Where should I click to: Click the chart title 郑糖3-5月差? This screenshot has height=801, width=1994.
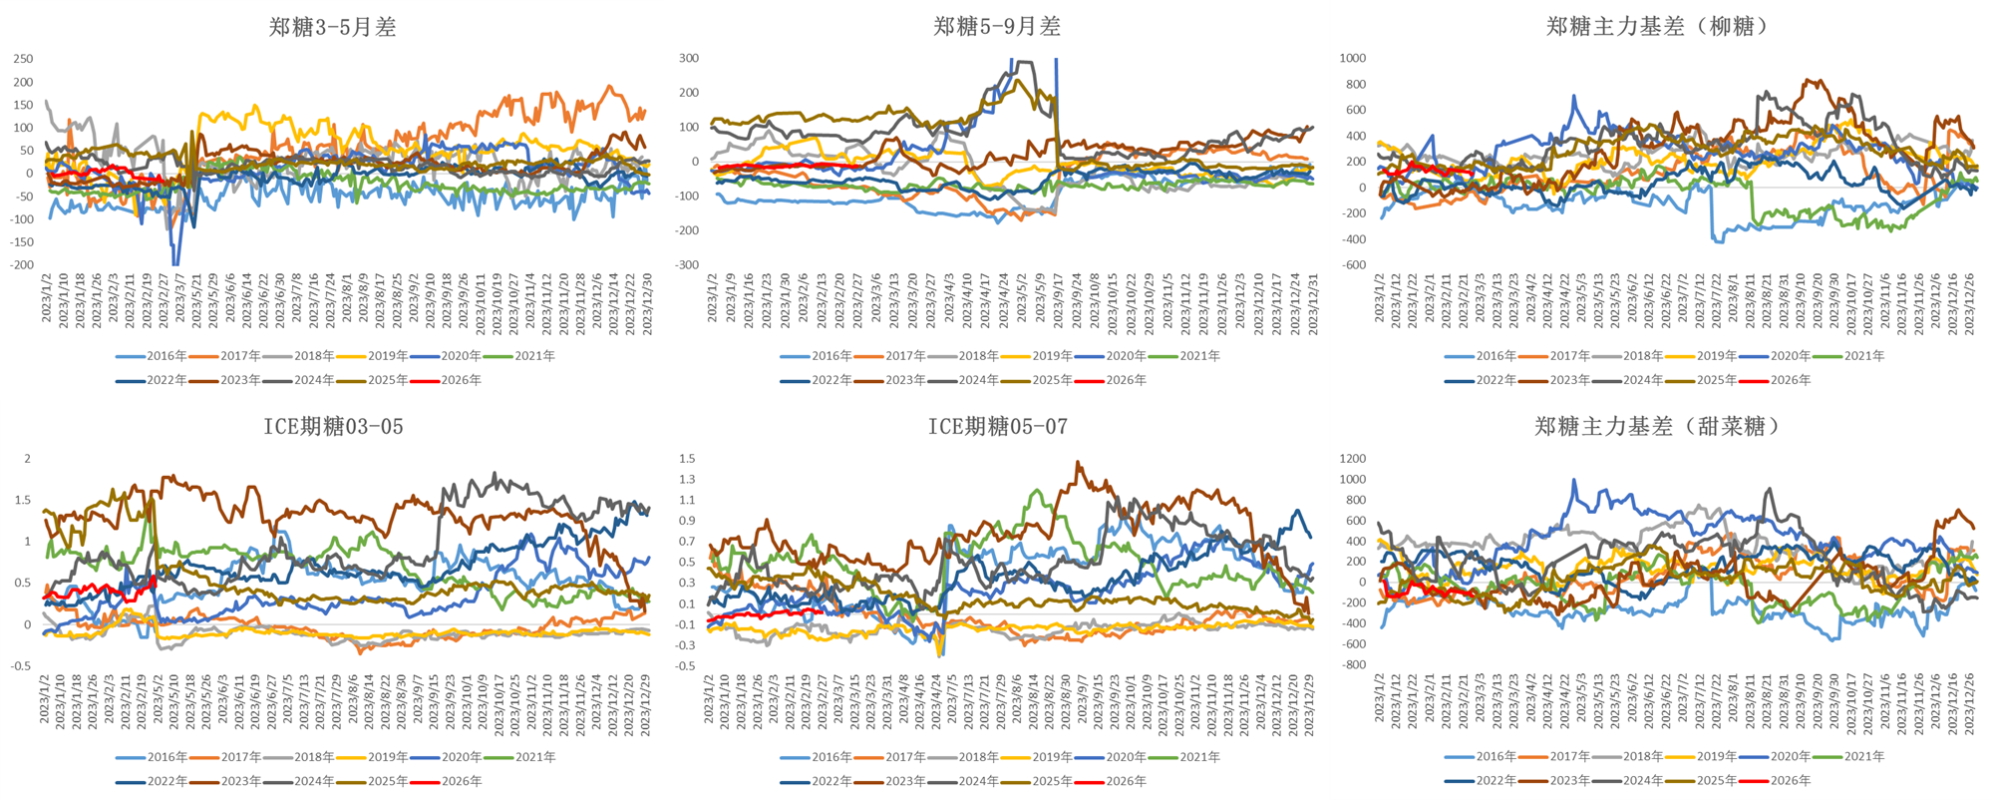coord(332,27)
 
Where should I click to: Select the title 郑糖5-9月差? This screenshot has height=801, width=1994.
coord(997,27)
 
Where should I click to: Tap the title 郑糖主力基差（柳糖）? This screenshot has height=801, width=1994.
coord(1657,27)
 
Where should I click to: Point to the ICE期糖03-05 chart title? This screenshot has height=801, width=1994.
coord(333,427)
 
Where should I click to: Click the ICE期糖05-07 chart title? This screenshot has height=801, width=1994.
coord(997,427)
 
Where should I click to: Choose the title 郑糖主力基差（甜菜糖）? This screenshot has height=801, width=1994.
coord(1657,427)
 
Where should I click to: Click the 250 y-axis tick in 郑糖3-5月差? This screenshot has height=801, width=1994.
coord(23,59)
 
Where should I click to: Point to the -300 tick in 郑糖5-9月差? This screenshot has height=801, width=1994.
coord(688,265)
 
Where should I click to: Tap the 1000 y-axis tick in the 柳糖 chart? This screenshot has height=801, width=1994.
coord(1353,59)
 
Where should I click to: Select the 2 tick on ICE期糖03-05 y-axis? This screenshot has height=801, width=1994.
coord(28,459)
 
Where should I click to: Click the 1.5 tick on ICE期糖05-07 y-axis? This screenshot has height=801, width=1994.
coord(687,459)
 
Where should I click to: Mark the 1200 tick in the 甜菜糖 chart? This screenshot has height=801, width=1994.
coord(1353,459)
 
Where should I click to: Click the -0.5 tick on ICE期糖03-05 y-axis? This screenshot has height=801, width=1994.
coord(21,666)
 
